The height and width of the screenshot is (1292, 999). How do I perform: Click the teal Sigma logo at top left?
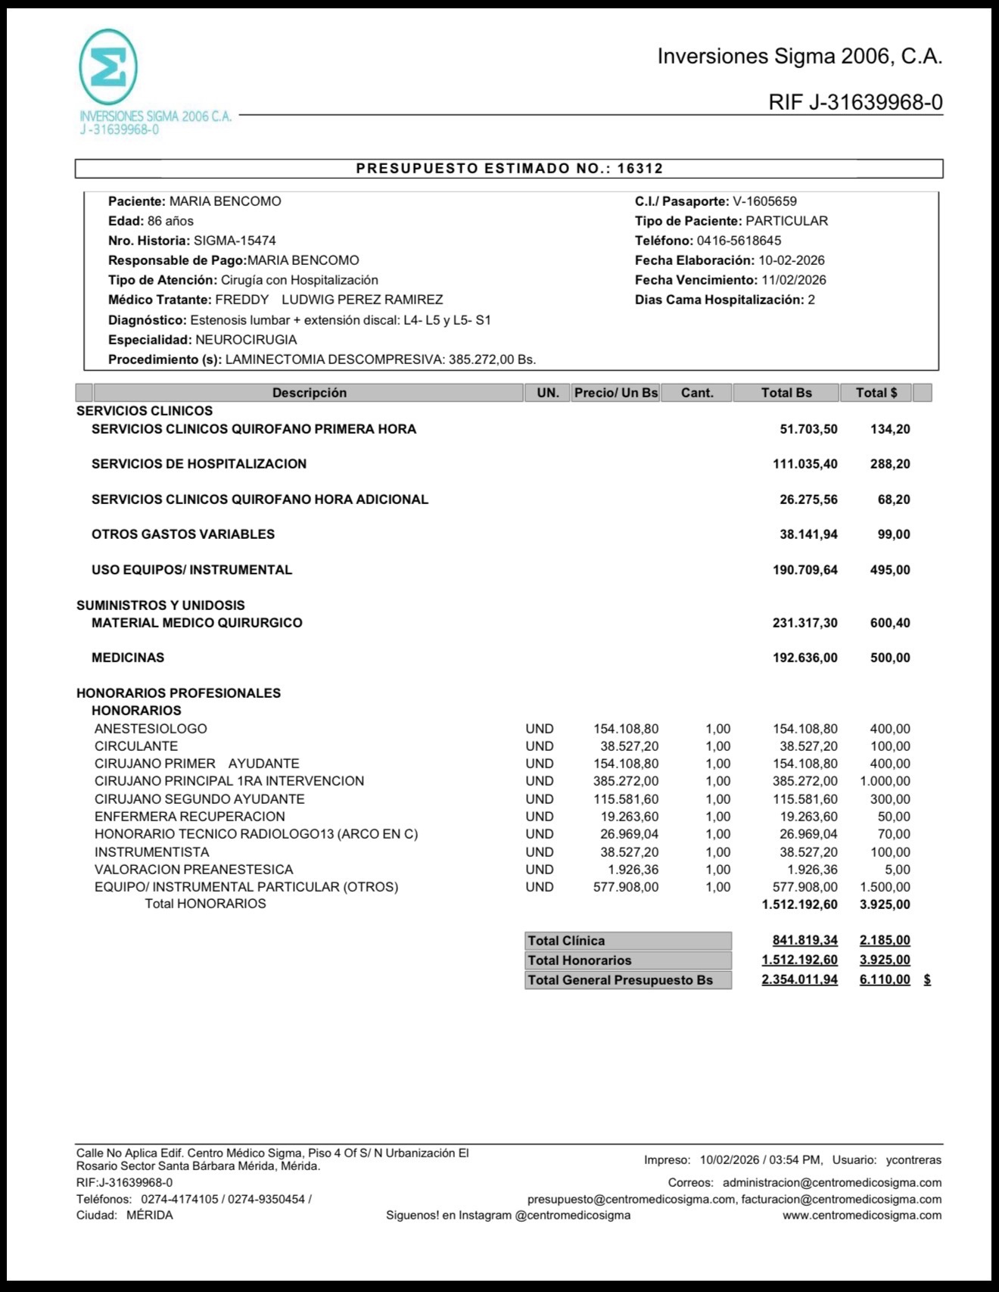click(108, 67)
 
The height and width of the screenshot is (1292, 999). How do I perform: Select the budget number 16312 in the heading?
click(640, 169)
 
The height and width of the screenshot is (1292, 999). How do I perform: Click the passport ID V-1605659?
click(764, 201)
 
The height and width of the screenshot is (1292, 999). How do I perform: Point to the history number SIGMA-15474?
click(235, 241)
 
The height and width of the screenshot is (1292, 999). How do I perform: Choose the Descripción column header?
click(309, 393)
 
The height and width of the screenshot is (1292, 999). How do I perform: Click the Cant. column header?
click(697, 393)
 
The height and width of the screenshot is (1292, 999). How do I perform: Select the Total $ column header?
click(876, 393)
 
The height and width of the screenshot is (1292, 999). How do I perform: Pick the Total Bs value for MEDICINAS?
click(804, 658)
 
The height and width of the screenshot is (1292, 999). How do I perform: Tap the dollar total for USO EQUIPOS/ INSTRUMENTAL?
click(890, 570)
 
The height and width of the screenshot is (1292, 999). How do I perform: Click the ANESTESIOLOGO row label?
click(151, 729)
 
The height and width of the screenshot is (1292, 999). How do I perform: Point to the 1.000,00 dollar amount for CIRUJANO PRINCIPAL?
click(885, 781)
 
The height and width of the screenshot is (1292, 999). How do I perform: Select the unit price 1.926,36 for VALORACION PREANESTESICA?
click(633, 870)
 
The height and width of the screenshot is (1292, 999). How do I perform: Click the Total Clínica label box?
click(627, 941)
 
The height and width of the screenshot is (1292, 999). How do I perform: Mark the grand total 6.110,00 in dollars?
click(885, 980)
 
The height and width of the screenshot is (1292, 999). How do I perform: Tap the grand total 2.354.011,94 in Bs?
click(799, 980)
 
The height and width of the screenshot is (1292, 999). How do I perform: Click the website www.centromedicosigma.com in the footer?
click(862, 1216)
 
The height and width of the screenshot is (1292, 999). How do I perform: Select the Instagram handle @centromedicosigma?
click(572, 1216)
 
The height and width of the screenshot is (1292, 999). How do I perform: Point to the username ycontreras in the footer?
click(913, 1160)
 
